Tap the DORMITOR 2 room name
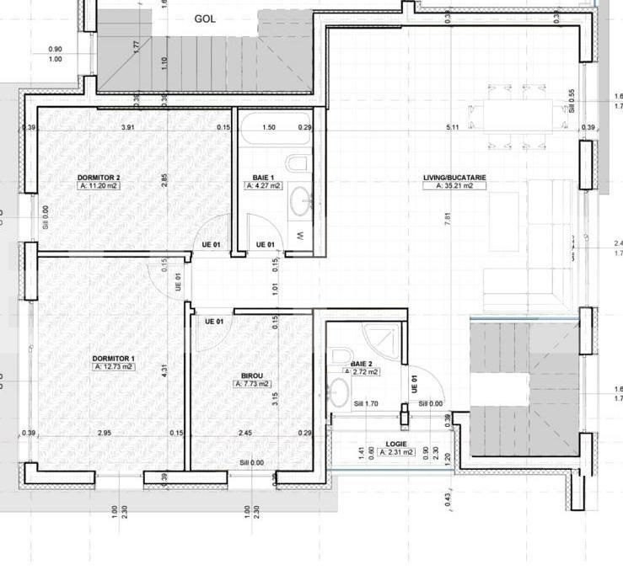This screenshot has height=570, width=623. (99, 178)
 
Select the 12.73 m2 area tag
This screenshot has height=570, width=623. (114, 367)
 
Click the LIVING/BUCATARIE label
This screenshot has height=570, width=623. (454, 178)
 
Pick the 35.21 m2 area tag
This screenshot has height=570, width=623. (454, 186)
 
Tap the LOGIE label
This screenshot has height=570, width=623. (396, 443)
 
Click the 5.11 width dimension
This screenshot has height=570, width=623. (452, 127)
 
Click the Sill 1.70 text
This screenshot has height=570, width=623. (365, 403)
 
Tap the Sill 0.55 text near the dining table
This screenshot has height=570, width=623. (572, 100)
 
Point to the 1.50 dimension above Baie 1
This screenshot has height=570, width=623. (269, 127)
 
